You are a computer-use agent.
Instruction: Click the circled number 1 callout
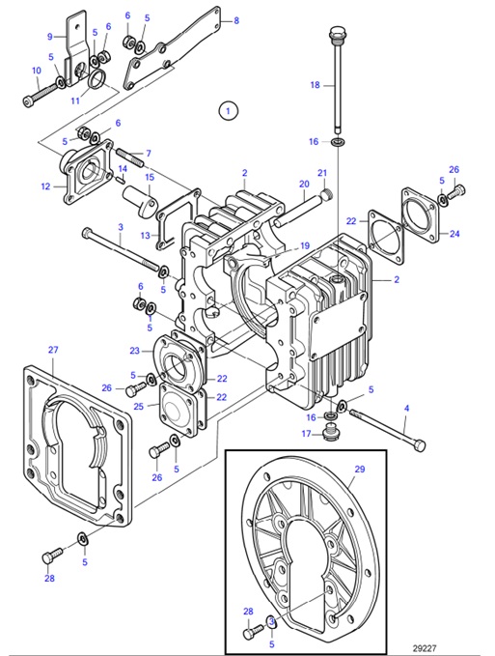[x=227, y=110]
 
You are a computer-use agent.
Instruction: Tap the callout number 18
[x=314, y=85]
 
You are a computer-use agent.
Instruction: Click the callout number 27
[x=53, y=350]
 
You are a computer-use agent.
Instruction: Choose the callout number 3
[x=120, y=228]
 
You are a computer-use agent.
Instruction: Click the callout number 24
[x=456, y=233]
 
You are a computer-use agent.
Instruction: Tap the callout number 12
[x=45, y=186]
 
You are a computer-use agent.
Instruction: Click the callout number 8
[x=236, y=18]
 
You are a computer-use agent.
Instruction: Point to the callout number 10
[x=37, y=71]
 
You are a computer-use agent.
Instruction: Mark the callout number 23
[x=134, y=351]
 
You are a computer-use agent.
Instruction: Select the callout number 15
[x=150, y=178]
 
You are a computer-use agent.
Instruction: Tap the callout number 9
[x=50, y=36]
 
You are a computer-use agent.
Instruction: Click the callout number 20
[x=303, y=184]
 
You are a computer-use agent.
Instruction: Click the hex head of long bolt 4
[x=421, y=444]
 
